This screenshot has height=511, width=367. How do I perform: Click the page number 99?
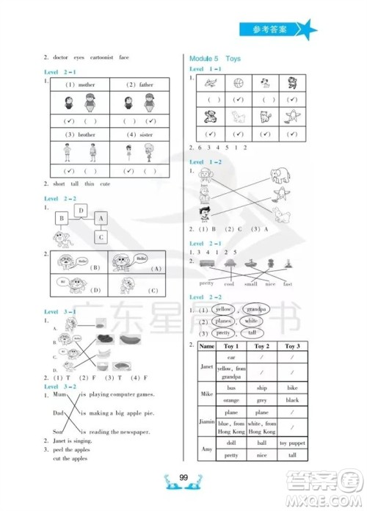tap(183, 479)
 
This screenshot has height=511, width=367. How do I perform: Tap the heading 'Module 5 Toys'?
tap(214, 58)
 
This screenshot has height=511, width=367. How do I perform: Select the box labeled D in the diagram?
tap(81, 211)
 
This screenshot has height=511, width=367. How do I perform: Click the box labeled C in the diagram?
tap(101, 236)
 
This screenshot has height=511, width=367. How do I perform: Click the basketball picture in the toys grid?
tap(237, 82)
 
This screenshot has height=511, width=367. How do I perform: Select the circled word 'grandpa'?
tap(255, 309)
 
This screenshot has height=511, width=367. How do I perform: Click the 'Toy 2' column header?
tap(261, 346)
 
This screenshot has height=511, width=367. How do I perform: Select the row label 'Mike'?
tap(206, 394)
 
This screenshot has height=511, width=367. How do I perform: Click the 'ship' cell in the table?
tap(261, 387)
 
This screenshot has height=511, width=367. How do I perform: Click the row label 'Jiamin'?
tap(206, 421)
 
